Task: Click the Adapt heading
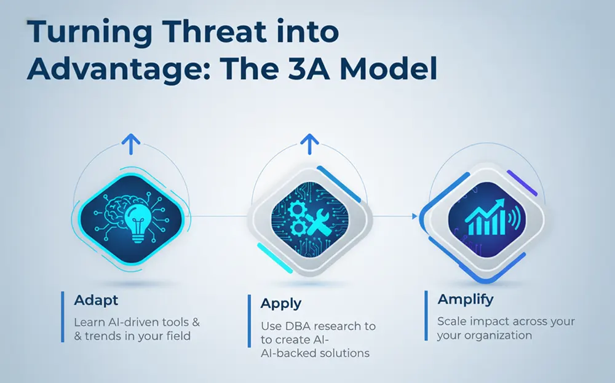tap(96, 300)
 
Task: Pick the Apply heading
tap(281, 304)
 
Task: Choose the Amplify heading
tap(466, 299)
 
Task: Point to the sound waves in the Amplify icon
tap(515, 218)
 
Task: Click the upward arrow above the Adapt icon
tap(130, 144)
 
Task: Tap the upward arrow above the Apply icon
tap(309, 144)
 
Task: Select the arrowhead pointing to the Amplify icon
tap(415, 216)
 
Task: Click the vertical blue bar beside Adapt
tap(63, 317)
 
